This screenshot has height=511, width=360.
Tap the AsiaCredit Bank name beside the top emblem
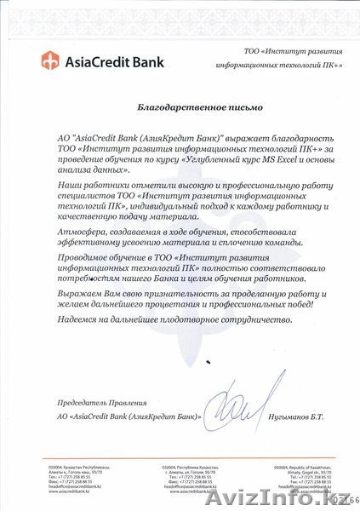100,60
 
